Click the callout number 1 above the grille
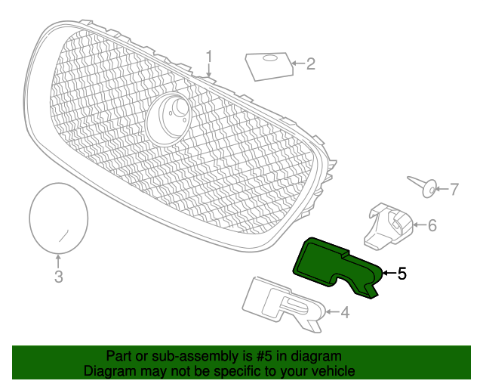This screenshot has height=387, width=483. pyautogui.click(x=209, y=57)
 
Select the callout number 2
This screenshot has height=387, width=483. pyautogui.click(x=310, y=64)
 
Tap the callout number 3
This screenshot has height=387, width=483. pyautogui.click(x=59, y=277)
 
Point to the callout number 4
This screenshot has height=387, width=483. pyautogui.click(x=345, y=312)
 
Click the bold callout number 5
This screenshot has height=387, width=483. pyautogui.click(x=402, y=274)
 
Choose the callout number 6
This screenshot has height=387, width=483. pyautogui.click(x=432, y=225)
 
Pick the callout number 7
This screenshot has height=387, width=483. pyautogui.click(x=454, y=189)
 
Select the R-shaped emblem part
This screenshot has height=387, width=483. pyautogui.click(x=284, y=305)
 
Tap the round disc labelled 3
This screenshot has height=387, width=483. pyautogui.click(x=59, y=218)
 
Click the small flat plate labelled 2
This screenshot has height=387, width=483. pyautogui.click(x=269, y=67)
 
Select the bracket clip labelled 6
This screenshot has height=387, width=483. pyautogui.click(x=389, y=226)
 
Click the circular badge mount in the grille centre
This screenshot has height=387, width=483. pyautogui.click(x=168, y=119)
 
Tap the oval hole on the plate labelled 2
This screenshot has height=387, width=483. pyautogui.click(x=269, y=58)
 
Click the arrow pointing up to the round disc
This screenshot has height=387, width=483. pyautogui.click(x=58, y=261)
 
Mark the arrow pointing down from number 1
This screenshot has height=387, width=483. pyautogui.click(x=209, y=70)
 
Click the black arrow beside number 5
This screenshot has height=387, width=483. pyautogui.click(x=389, y=273)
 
